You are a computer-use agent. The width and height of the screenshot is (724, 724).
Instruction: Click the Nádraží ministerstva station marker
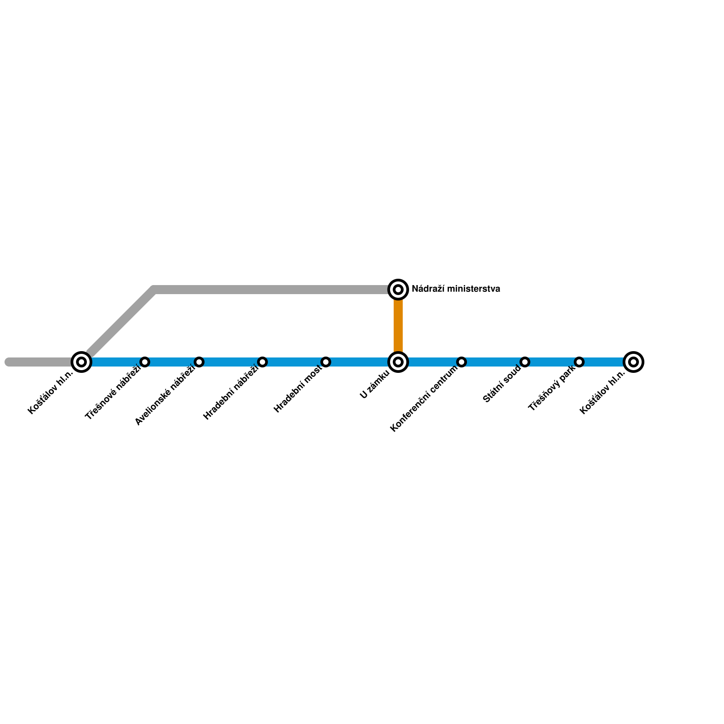tap(398, 289)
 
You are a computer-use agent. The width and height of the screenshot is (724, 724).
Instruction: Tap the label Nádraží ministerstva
tap(456, 289)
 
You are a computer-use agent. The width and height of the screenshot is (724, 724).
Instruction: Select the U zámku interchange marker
tap(398, 362)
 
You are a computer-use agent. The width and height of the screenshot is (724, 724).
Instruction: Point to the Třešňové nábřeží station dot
tap(145, 362)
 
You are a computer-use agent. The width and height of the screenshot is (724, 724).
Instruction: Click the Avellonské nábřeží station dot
tap(199, 362)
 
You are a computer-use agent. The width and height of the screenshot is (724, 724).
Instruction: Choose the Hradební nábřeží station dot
tap(262, 362)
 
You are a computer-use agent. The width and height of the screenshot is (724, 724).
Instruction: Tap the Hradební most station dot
tap(326, 362)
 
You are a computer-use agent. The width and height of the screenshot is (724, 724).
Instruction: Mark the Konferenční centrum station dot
tap(462, 362)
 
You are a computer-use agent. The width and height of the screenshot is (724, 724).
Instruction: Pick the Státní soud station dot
tap(525, 362)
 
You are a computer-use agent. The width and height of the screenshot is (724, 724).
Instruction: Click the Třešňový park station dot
tap(579, 362)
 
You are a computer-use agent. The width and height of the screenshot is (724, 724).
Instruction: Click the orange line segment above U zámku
tap(398, 326)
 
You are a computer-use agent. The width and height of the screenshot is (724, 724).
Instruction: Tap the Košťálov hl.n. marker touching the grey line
tap(81, 362)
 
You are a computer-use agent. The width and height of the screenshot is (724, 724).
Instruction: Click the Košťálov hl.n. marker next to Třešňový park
tap(633, 362)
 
